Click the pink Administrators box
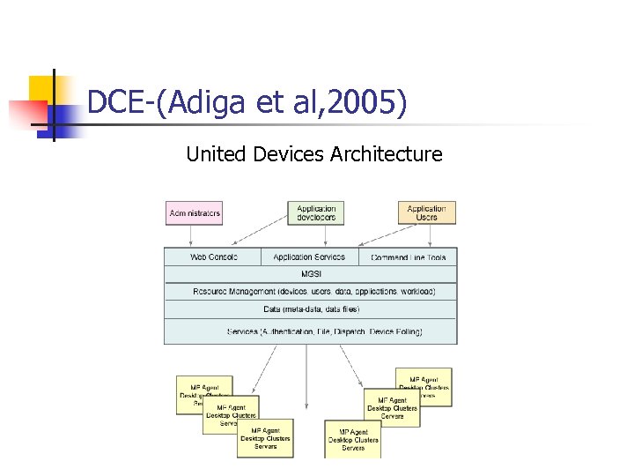click(195, 213)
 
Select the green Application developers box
click(316, 213)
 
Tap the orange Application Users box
click(426, 213)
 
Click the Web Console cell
click(213, 257)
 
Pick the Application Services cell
click(310, 257)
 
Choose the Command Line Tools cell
click(409, 257)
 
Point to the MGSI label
click(311, 274)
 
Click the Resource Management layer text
click(311, 291)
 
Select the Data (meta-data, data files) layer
click(311, 309)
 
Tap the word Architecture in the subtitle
click(387, 155)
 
